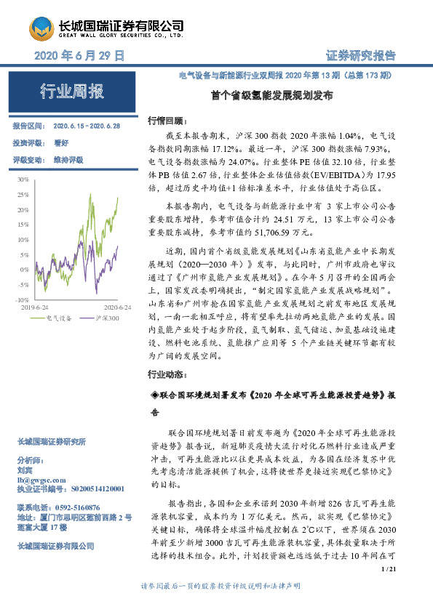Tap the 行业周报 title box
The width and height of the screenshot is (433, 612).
point(72,92)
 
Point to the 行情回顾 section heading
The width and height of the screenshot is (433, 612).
point(167,121)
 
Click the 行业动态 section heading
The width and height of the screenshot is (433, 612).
point(167,375)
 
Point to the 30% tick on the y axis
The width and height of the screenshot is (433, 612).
point(23,178)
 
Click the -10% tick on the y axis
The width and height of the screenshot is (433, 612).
point(21,299)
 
